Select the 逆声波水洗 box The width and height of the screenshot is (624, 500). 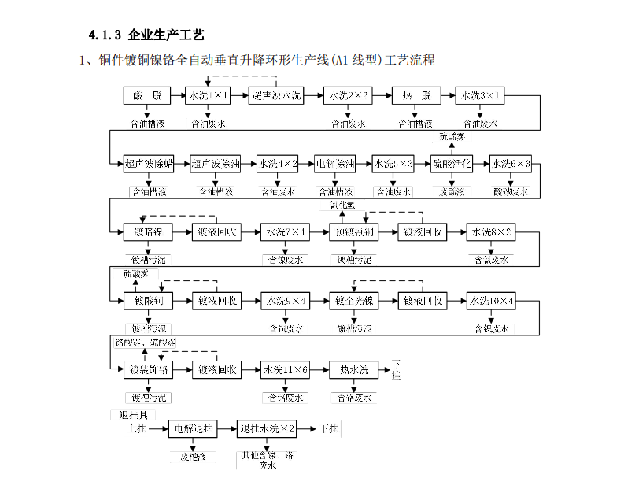(277, 96)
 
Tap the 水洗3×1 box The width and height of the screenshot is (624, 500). (479, 96)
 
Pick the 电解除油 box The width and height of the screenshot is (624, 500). (335, 164)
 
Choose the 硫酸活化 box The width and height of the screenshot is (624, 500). (452, 164)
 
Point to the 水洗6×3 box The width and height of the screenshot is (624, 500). (511, 164)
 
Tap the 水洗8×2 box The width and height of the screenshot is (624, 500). (491, 232)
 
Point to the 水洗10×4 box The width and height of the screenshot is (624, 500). (491, 301)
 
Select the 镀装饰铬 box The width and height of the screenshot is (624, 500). (147, 369)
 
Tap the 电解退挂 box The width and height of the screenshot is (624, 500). (192, 429)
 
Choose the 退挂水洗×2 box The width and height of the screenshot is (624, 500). (268, 429)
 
